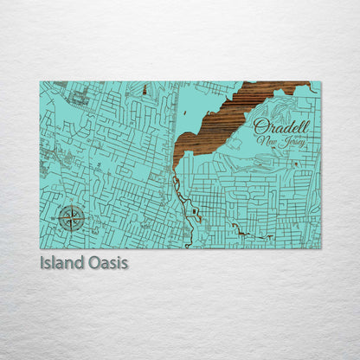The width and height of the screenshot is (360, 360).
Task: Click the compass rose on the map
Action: point(71,218)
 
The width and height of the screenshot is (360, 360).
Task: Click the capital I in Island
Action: point(43,261)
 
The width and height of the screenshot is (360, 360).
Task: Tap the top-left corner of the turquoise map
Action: point(41,82)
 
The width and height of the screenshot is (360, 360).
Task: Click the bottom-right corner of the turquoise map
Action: point(319,247)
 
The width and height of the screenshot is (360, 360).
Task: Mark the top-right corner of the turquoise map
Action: point(319,82)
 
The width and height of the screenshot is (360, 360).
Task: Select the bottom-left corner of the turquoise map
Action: point(41,247)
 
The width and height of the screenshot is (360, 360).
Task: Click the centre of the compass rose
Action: point(71,218)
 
